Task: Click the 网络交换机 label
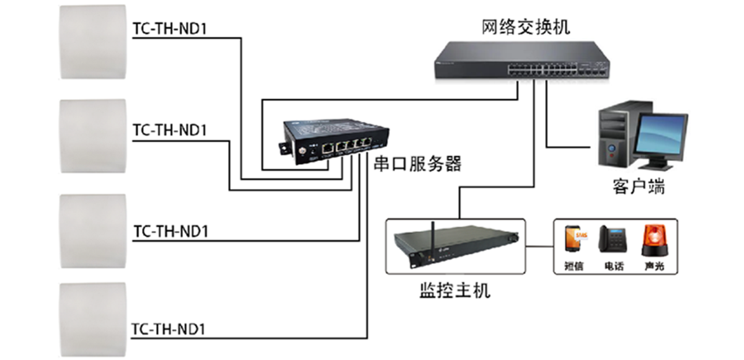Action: [x=525, y=27]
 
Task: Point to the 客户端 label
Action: [x=639, y=187]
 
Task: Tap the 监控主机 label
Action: [x=454, y=290]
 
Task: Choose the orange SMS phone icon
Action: [x=574, y=240]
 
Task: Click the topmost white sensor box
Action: [x=93, y=42]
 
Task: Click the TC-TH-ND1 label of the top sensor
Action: [x=170, y=30]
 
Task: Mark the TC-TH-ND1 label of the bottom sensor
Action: [x=170, y=330]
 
